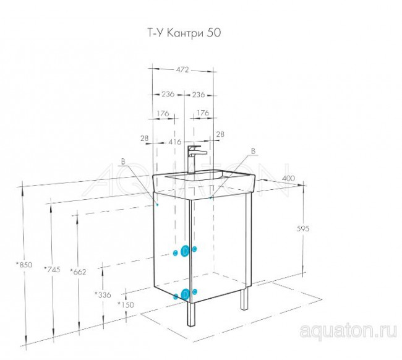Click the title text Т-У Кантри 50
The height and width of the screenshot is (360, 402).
pyautogui.click(x=184, y=33)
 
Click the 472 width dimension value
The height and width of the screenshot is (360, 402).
pyautogui.click(x=182, y=70)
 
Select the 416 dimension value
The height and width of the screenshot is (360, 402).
pyautogui.click(x=175, y=142)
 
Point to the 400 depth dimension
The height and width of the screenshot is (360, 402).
pyautogui.click(x=289, y=178)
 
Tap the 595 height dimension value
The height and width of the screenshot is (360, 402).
pyautogui.click(x=303, y=228)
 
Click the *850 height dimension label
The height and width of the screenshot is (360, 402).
pyautogui.click(x=24, y=265)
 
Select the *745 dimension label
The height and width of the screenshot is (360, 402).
pyautogui.click(x=52, y=269)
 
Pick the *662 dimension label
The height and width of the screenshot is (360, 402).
pyautogui.click(x=79, y=272)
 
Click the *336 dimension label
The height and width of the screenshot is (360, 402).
pyautogui.click(x=103, y=295)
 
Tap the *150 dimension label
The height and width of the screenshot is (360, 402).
pyautogui.click(x=126, y=304)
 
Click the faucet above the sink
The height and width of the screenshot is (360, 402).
pyautogui.click(x=195, y=159)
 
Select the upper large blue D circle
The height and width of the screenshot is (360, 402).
pyautogui.click(x=185, y=251)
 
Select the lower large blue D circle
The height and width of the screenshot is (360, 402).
pyautogui.click(x=185, y=294)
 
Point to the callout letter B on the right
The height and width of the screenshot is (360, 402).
pyautogui.click(x=253, y=152)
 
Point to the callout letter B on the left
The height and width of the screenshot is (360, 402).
pyautogui.click(x=123, y=161)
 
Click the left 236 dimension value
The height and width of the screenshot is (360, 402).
pyautogui.click(x=168, y=95)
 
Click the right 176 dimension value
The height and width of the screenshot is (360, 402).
pyautogui.click(x=203, y=113)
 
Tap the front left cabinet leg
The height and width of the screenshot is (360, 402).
pyautogui.click(x=191, y=314)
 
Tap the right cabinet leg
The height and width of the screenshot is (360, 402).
pyautogui.click(x=244, y=298)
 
